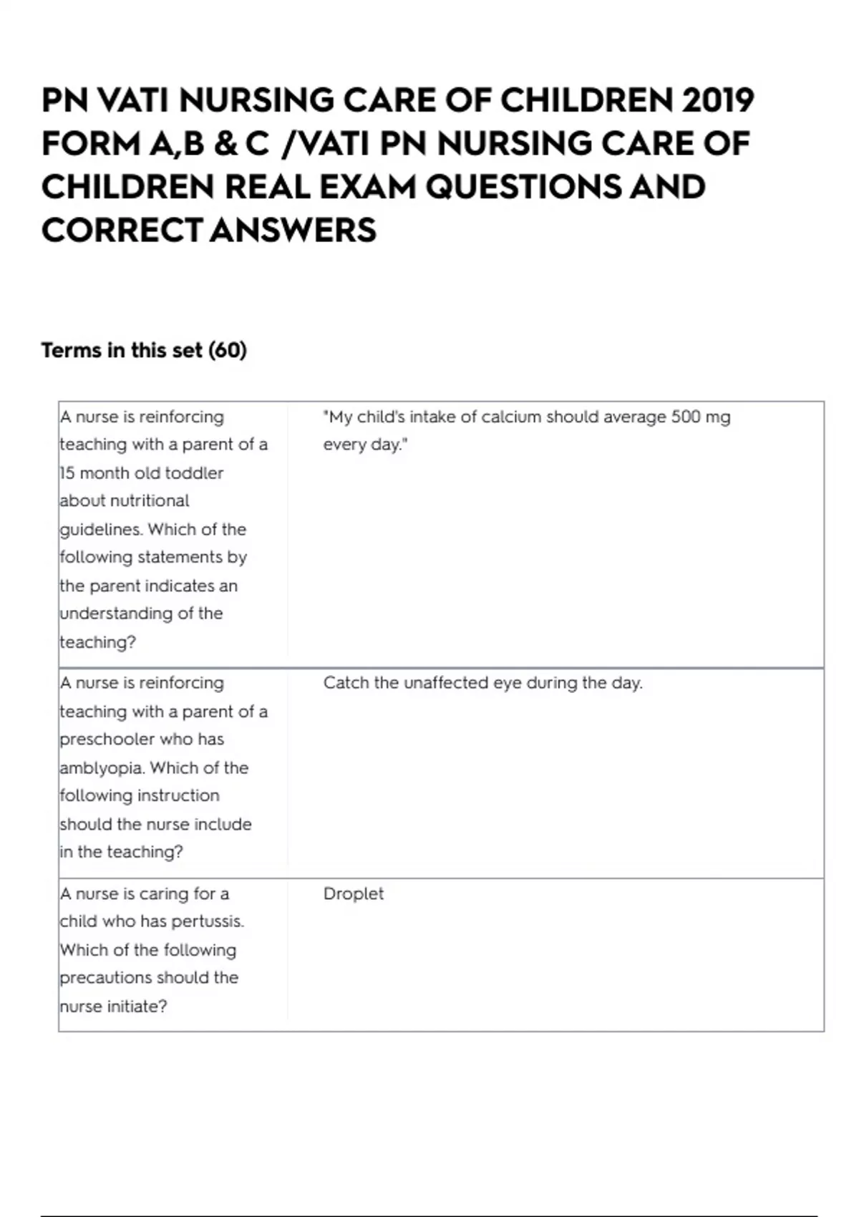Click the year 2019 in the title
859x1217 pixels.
tap(718, 100)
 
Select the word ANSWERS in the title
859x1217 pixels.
tap(293, 231)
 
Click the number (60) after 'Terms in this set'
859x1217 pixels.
tap(228, 350)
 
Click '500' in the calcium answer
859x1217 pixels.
tap(686, 417)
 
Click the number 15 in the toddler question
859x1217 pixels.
tap(67, 473)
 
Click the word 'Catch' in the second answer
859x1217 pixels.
tap(346, 683)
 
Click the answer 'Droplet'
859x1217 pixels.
tap(354, 893)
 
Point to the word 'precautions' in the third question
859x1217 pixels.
tap(105, 978)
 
